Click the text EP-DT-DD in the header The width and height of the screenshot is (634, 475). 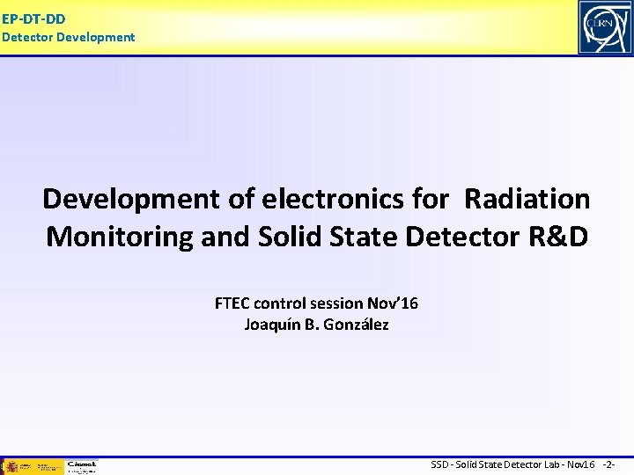click(33, 18)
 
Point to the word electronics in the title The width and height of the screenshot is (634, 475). click(335, 199)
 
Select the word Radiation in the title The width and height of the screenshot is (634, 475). click(527, 199)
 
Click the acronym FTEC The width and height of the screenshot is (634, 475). click(235, 303)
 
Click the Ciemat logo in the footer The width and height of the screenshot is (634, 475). click(81, 465)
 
